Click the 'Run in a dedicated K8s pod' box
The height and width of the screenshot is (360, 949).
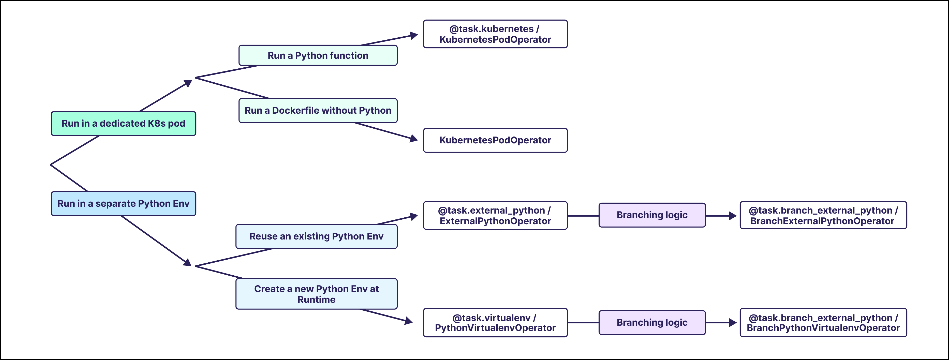[123, 124]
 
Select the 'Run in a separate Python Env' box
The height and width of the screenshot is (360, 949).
[123, 203]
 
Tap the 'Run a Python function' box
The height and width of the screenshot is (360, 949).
[318, 55]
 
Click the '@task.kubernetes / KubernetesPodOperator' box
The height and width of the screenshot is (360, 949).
[495, 34]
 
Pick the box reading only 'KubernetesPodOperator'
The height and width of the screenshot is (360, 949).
[495, 140]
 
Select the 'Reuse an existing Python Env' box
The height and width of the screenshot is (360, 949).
[316, 236]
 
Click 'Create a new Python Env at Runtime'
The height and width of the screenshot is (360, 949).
[316, 294]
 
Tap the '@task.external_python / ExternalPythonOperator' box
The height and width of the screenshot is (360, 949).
[495, 216]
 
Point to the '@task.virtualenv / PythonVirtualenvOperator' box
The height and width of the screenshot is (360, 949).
[495, 323]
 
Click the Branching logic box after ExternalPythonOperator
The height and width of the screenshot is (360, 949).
[652, 215]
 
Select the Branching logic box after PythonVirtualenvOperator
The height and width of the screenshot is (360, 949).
[652, 322]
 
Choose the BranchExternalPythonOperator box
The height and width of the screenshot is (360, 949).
[823, 216]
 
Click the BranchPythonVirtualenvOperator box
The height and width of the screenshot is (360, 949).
[823, 323]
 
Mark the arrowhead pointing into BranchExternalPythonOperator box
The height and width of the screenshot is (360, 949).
[733, 216]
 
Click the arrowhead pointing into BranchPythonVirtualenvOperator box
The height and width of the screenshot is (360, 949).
[733, 323]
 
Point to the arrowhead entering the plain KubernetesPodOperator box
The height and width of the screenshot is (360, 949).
[414, 139]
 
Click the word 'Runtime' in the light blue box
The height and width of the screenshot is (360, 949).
[316, 299]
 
